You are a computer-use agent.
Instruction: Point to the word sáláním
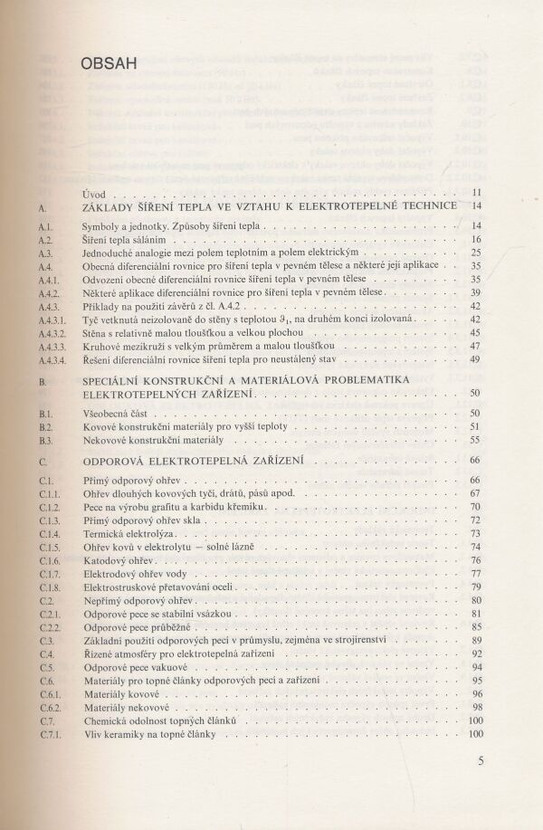(151, 240)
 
